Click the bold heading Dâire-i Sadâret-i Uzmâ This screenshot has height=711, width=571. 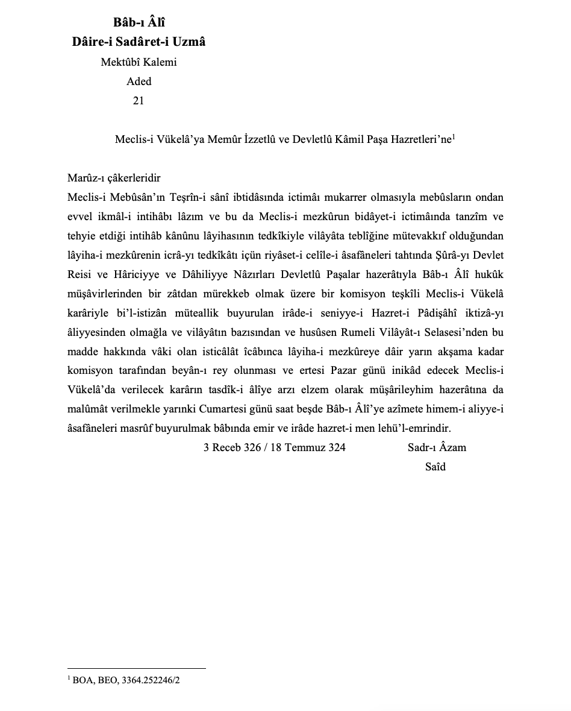(x=139, y=42)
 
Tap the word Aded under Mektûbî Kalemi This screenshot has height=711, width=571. (x=139, y=81)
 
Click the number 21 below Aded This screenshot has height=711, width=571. (x=138, y=101)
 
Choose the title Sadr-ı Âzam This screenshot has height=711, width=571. (x=437, y=447)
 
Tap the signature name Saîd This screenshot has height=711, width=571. (x=435, y=466)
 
